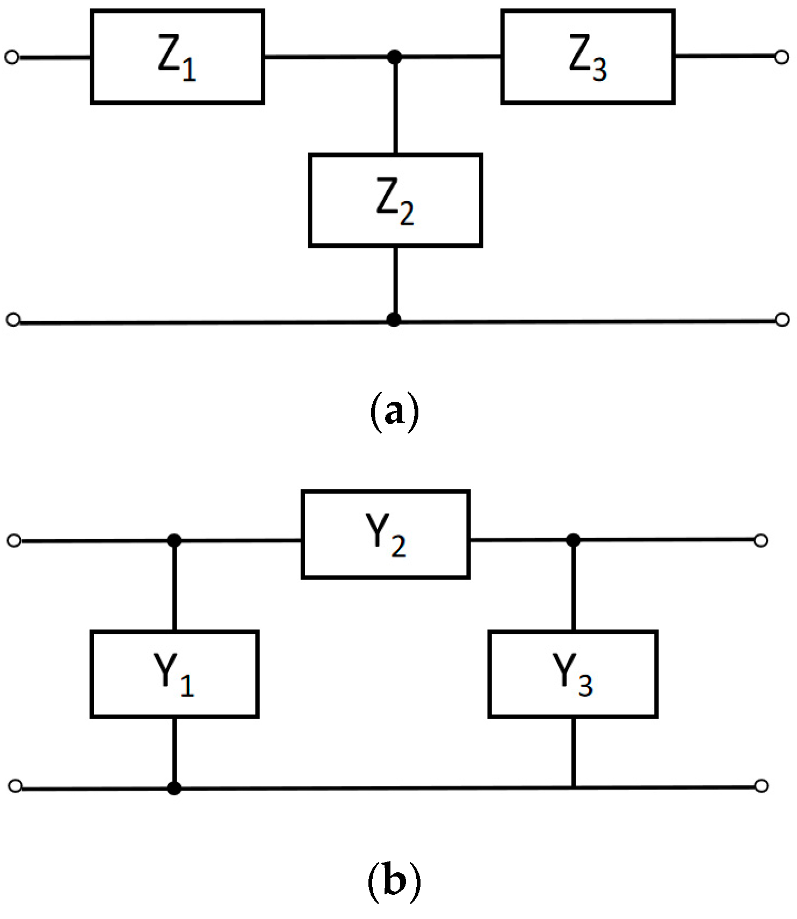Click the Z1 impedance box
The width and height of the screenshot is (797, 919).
click(177, 57)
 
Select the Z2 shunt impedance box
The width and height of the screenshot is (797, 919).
click(395, 200)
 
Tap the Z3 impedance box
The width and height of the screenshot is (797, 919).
click(588, 57)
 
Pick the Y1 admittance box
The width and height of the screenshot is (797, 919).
click(175, 674)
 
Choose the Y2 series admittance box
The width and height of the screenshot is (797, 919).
click(386, 534)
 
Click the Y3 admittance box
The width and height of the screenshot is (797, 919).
click(573, 674)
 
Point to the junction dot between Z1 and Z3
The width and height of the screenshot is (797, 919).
click(395, 56)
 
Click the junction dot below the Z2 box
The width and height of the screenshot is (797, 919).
click(394, 320)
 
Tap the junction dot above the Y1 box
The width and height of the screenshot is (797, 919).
click(174, 540)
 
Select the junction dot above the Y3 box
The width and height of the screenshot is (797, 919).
click(574, 539)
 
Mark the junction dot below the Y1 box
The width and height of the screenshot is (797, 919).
click(174, 788)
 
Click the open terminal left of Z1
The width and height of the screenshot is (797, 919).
click(12, 57)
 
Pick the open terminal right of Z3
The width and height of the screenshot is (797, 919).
click(782, 57)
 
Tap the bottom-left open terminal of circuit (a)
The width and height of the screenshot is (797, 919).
click(13, 320)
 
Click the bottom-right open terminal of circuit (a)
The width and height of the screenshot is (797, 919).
click(782, 320)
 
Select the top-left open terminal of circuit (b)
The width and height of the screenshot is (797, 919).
click(15, 540)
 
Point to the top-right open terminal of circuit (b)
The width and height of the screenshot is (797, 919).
click(760, 540)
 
